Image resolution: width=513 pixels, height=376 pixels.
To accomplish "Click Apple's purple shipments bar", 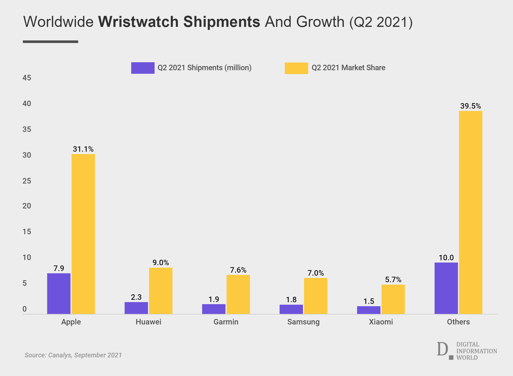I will tap(59, 293).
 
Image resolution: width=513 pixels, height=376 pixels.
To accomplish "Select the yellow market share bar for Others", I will tap(470, 213).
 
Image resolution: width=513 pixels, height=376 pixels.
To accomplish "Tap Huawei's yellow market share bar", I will tap(161, 291).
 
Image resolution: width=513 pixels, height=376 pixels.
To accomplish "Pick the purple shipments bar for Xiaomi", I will tap(369, 310).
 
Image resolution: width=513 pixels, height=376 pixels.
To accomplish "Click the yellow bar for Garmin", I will tap(238, 294).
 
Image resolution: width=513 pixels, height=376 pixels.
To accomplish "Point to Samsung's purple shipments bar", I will tap(291, 309).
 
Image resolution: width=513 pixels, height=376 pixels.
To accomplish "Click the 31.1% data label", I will tap(83, 149).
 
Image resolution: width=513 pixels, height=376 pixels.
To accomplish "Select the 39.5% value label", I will tap(470, 106).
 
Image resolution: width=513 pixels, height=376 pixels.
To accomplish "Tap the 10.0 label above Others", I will tap(446, 258).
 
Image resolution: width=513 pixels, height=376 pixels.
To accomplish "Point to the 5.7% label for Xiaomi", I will tap(393, 279).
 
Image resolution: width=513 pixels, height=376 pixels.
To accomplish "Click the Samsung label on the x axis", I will tap(303, 322).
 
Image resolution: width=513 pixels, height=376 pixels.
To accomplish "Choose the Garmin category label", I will tap(226, 322).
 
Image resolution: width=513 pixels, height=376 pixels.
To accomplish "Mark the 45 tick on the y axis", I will tap(27, 78).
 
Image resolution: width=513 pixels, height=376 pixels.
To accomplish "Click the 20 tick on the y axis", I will tap(27, 206).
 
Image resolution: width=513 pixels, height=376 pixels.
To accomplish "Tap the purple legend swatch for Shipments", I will tap(143, 68).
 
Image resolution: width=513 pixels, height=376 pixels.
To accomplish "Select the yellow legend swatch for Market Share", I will tap(296, 68).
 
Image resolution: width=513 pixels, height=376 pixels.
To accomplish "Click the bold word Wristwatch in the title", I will tap(138, 22).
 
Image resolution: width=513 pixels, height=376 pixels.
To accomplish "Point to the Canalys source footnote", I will tap(73, 355).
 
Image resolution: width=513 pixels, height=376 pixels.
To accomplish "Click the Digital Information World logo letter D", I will tap(442, 349).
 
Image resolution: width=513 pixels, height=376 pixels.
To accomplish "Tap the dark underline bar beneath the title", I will tap(50, 42).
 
